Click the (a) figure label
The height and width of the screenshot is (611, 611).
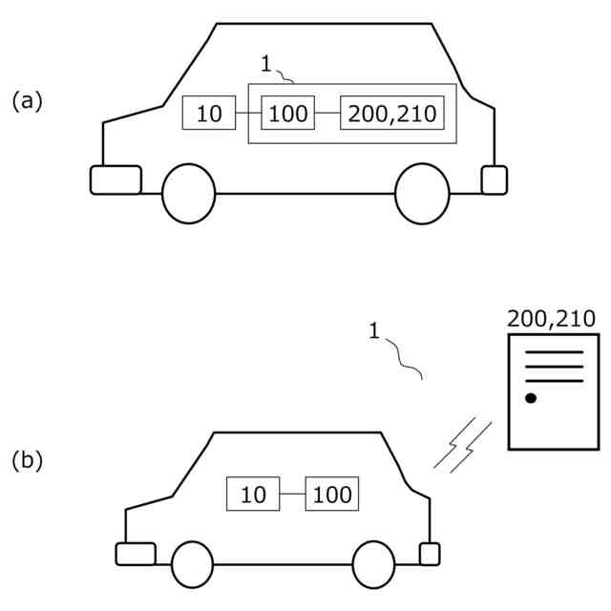pos(27,101)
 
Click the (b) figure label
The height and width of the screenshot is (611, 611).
pos(27,460)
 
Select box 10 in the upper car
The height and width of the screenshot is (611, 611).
pos(209,114)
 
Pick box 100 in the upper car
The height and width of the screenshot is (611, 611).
pos(287,114)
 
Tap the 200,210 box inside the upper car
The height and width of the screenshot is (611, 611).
pos(392,114)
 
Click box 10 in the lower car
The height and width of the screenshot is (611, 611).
pos(253,495)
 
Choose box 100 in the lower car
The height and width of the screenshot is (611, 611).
pos(331,495)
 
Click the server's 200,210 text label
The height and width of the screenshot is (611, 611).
pos(553,319)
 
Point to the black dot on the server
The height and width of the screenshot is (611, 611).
pos(531,397)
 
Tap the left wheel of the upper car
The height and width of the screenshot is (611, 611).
pos(189,194)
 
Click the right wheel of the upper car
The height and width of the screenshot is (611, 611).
pos(422,194)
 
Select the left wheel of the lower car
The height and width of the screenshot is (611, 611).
pos(193,564)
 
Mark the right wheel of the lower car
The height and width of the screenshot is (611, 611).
pos(373,564)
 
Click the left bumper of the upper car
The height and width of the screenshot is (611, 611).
pos(116,179)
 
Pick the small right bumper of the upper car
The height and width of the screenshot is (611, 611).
pos(494,179)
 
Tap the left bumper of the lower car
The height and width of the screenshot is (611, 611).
pos(135,554)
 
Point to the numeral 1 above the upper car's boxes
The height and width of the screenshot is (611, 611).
pos(266,64)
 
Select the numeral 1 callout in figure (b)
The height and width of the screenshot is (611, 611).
pos(373,331)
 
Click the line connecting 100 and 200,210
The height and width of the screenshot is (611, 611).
pos(327,114)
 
